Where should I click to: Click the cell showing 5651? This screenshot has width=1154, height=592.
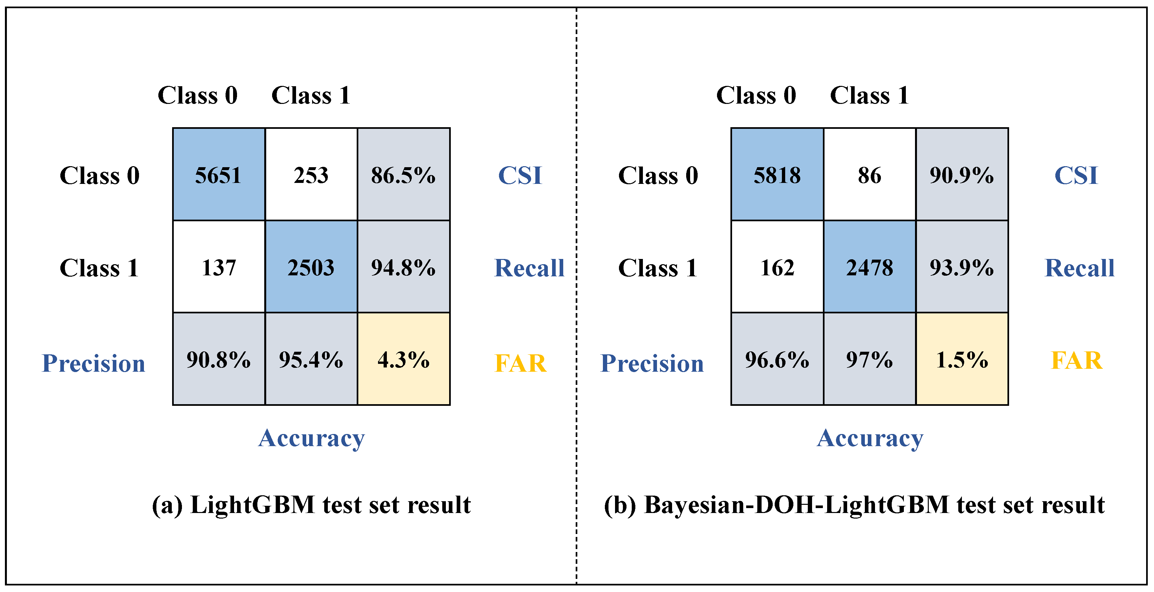click(219, 175)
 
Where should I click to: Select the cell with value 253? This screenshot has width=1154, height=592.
click(311, 175)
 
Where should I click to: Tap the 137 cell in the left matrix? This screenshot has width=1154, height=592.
click(219, 267)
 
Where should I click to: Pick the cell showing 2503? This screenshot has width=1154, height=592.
click(311, 267)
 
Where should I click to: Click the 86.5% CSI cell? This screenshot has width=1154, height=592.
click(403, 175)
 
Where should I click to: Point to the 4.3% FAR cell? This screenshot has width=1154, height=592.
click(403, 360)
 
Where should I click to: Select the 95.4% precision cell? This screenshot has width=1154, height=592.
click(311, 360)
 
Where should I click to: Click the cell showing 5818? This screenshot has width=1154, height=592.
click(777, 175)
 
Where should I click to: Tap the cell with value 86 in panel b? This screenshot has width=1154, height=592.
click(869, 175)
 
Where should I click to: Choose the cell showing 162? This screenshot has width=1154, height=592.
click(777, 267)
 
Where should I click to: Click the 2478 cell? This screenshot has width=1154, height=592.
click(869, 267)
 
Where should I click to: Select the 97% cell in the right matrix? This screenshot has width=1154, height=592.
click(869, 360)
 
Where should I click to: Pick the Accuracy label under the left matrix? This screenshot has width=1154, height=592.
click(311, 438)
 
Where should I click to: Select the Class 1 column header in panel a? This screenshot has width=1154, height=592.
click(311, 95)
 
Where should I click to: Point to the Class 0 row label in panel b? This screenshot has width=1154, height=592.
click(658, 175)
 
